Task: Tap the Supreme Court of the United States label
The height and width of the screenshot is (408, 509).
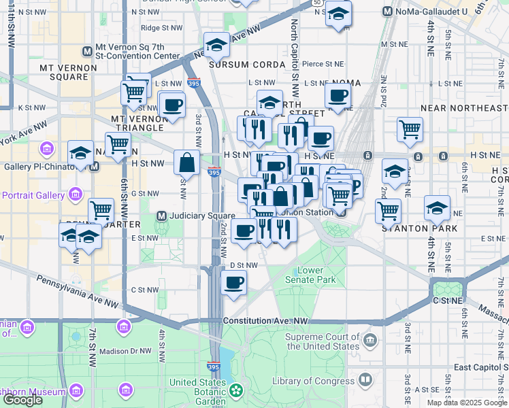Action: [322, 341]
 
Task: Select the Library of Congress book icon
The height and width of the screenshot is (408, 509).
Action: [365, 379]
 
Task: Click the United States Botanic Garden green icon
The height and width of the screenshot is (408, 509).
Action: [235, 390]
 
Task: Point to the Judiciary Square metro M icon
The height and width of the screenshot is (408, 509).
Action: [162, 216]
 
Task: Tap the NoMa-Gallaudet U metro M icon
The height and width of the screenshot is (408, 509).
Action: [387, 12]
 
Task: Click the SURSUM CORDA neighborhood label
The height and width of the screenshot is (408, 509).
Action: [237, 65]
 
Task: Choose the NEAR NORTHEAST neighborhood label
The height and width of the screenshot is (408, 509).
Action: [464, 108]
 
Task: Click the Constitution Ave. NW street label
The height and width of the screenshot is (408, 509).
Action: [266, 320]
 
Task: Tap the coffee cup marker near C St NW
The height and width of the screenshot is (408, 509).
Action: [234, 282]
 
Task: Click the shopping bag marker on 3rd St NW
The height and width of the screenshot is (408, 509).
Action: [186, 163]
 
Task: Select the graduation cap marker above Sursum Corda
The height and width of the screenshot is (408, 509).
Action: [217, 46]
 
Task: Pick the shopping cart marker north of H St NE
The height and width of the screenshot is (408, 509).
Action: [410, 129]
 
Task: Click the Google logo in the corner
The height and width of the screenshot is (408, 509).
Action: [22, 399]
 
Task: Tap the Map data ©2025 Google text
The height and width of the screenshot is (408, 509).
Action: [467, 403]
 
